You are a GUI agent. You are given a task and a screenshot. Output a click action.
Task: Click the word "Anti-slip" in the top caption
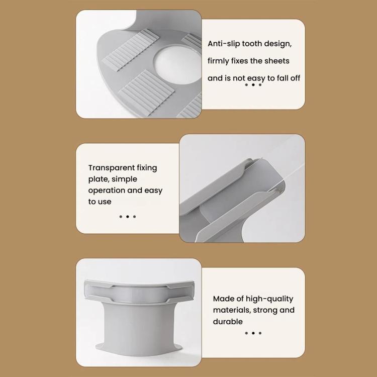pyautogui.click(x=224, y=44)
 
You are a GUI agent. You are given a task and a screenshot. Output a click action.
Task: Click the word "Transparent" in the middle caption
pyautogui.click(x=111, y=168)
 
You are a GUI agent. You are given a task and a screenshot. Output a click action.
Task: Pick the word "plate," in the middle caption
pyautogui.click(x=99, y=179)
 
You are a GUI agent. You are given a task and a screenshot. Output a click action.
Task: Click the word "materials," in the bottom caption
pyautogui.click(x=232, y=310)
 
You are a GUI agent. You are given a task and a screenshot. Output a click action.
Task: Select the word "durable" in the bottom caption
pyautogui.click(x=228, y=322)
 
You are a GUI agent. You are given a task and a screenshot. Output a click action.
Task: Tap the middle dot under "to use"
pyautogui.click(x=128, y=217)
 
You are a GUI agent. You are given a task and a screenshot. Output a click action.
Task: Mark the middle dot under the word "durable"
pyautogui.click(x=253, y=333)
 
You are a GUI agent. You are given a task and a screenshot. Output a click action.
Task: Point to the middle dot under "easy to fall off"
pyautogui.click(x=253, y=84)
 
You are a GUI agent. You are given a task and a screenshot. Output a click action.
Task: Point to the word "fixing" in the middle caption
pyautogui.click(x=147, y=168)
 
